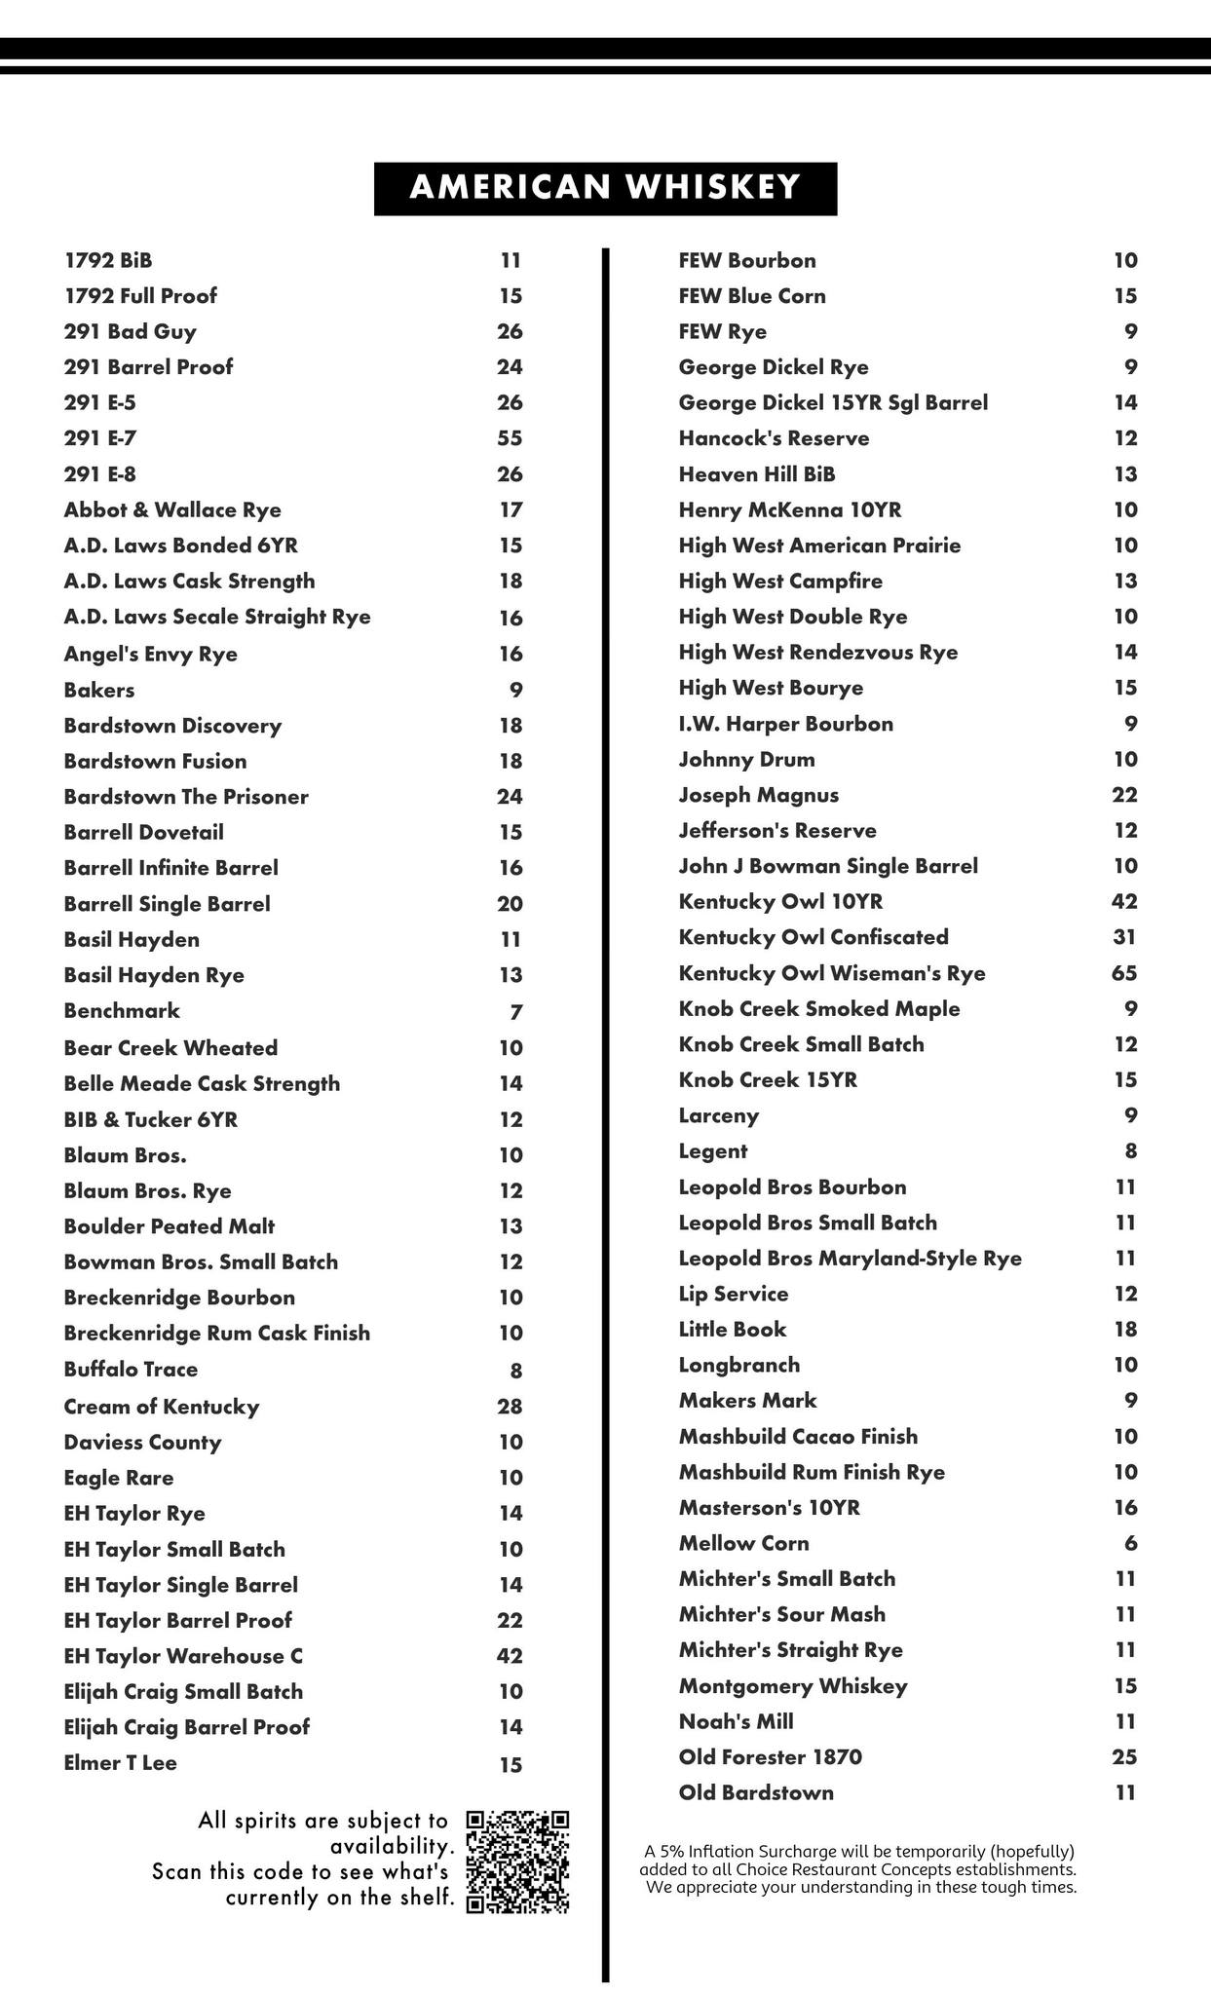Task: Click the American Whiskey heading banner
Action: coord(605,188)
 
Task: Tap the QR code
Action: coord(517,1862)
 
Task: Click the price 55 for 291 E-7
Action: coord(510,438)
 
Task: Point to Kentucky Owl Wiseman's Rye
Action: coord(831,973)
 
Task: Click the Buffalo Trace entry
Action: coord(131,1370)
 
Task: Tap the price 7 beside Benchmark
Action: coord(516,1012)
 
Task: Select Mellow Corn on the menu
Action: coord(743,1543)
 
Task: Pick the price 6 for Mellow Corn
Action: coord(1130,1543)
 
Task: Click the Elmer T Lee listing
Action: coord(120,1763)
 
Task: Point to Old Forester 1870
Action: coord(770,1757)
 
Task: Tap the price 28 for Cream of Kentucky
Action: coord(510,1407)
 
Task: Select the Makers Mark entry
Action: coord(747,1401)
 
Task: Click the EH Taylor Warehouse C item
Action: coord(183,1656)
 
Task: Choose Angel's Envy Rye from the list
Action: coord(150,655)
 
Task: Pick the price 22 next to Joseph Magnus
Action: coord(1124,795)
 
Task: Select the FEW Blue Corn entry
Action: coord(751,296)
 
